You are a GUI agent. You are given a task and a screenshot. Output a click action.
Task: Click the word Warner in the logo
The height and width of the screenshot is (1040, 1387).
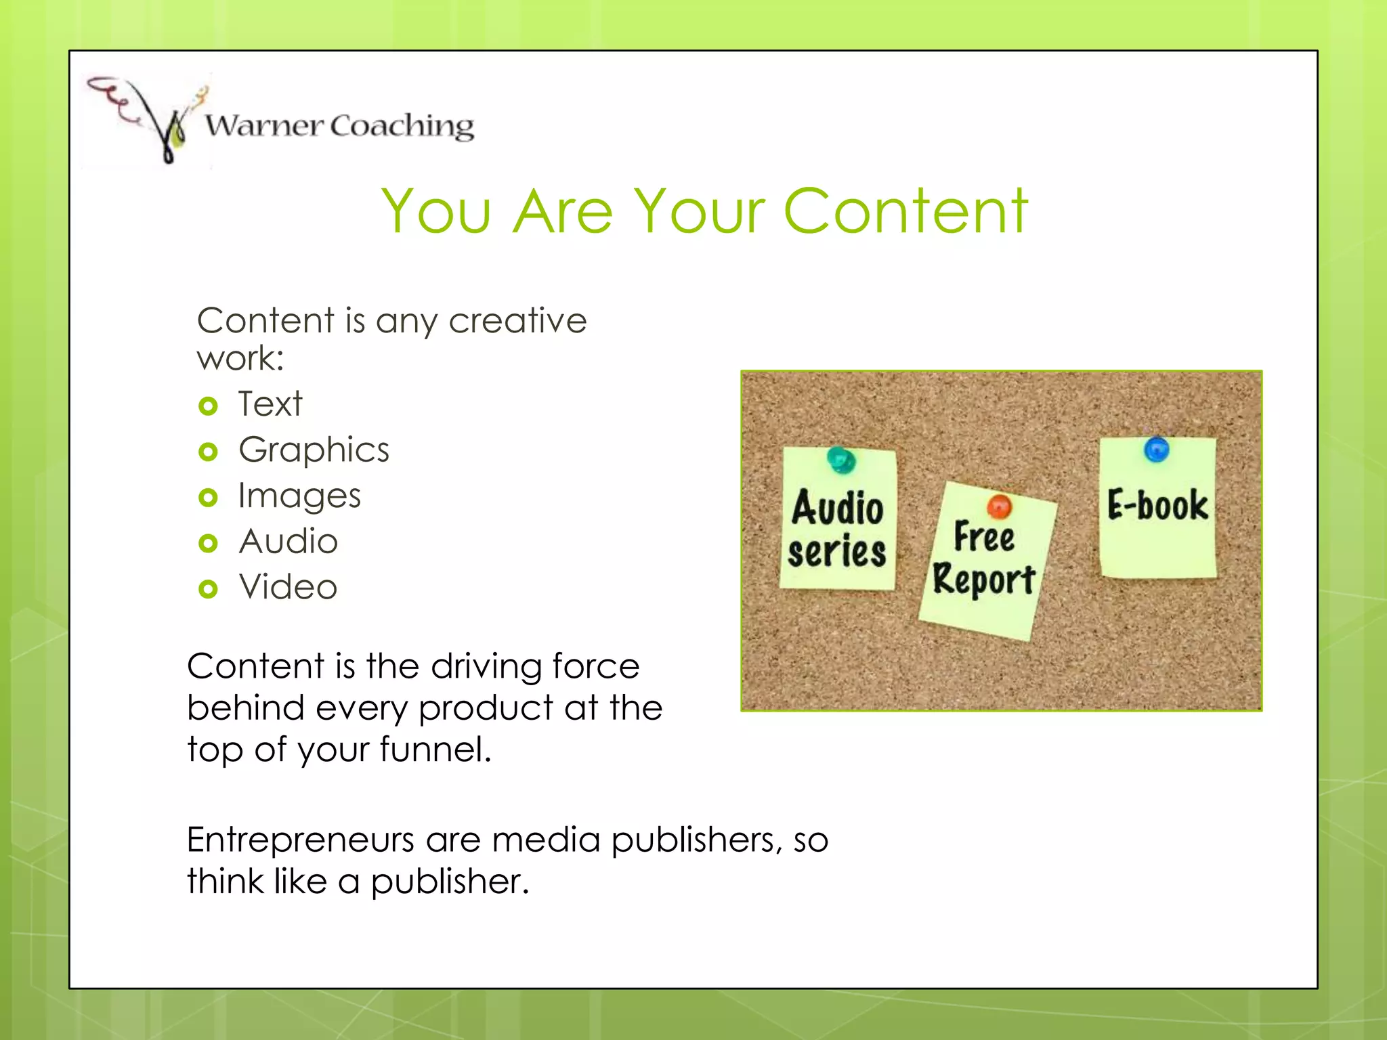click(x=264, y=126)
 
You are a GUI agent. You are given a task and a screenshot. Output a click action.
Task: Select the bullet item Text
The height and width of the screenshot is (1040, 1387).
click(x=270, y=404)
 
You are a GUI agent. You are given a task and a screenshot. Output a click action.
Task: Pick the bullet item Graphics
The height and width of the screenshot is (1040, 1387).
click(x=314, y=450)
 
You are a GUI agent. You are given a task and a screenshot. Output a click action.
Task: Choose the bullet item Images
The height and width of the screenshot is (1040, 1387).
click(x=299, y=496)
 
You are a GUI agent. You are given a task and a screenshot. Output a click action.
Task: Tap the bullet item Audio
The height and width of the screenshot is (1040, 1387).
click(x=288, y=542)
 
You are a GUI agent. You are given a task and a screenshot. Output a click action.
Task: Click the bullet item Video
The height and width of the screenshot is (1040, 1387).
click(x=288, y=587)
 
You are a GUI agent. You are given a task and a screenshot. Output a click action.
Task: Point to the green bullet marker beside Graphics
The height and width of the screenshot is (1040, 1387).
click(x=208, y=452)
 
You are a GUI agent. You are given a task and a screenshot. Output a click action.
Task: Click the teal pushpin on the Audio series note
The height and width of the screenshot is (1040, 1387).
click(x=841, y=460)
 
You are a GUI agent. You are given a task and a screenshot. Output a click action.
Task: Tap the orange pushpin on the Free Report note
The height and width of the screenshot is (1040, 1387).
click(x=999, y=506)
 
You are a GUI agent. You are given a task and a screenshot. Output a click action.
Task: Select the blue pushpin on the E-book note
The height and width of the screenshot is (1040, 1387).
click(x=1156, y=449)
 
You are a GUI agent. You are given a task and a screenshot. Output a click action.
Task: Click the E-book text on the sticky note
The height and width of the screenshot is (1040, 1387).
click(x=1157, y=505)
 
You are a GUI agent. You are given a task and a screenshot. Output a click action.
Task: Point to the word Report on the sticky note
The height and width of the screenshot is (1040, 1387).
click(x=983, y=580)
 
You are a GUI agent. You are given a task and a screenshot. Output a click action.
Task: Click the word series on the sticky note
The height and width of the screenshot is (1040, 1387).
click(x=837, y=551)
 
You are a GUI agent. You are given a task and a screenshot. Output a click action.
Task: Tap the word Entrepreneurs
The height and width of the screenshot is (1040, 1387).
click(x=300, y=840)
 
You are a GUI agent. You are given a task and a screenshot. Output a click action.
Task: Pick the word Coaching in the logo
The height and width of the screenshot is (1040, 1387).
click(x=402, y=126)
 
